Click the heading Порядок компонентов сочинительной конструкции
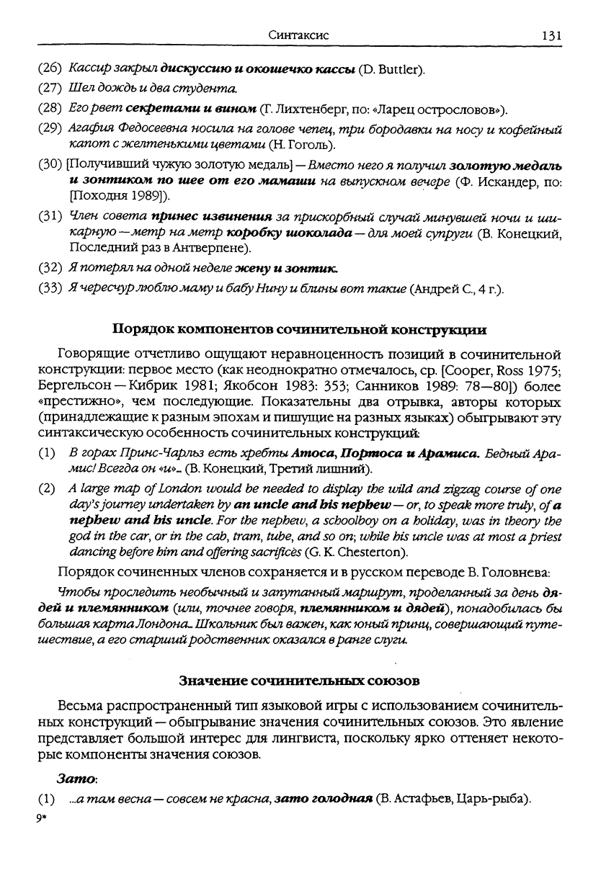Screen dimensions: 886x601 [x=300, y=330]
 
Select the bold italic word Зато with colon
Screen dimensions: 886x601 [x=77, y=781]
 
